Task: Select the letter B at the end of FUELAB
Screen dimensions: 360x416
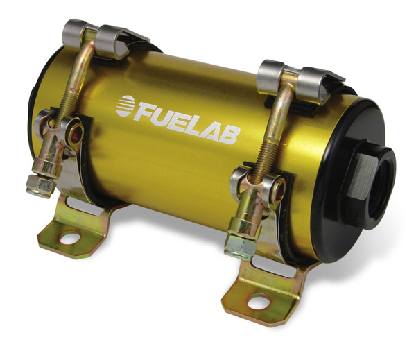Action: pyautogui.click(x=231, y=135)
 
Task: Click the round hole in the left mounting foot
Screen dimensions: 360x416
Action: pyautogui.click(x=69, y=240)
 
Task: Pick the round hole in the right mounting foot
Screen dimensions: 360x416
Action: pyautogui.click(x=257, y=302)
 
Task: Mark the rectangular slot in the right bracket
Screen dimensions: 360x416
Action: pyautogui.click(x=270, y=264)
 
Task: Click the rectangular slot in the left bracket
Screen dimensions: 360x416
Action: pyautogui.click(x=83, y=205)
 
